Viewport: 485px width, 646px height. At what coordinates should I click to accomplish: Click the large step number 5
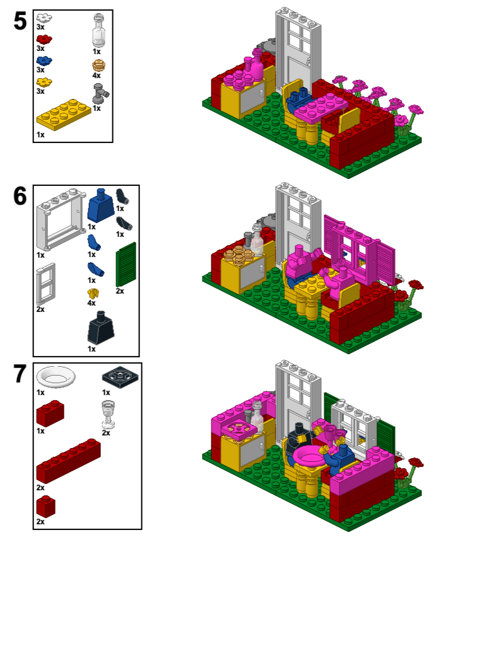point(20,21)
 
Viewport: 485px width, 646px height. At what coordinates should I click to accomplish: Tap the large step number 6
point(20,196)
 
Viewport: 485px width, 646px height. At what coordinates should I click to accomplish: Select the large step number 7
point(20,373)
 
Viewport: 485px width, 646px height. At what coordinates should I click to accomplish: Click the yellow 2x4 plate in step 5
point(64,114)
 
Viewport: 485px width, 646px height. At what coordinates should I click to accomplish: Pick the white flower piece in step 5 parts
point(44,18)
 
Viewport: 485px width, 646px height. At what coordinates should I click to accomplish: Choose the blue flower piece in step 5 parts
point(44,61)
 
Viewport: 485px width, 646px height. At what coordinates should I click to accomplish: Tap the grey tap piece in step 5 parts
point(101,93)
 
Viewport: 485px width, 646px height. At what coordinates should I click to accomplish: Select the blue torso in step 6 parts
point(101,206)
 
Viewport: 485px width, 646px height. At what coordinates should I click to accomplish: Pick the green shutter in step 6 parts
point(126,265)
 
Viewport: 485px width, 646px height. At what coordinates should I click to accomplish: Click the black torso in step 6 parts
point(101,328)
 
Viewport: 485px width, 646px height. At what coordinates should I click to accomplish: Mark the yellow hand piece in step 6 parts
point(93,294)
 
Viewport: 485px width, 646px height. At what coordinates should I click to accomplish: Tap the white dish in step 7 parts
point(56,376)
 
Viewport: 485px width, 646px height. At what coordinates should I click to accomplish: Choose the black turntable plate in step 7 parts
point(120,377)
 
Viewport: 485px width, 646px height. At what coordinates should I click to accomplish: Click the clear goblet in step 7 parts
point(108,415)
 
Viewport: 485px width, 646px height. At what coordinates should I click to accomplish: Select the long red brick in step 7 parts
point(69,461)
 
